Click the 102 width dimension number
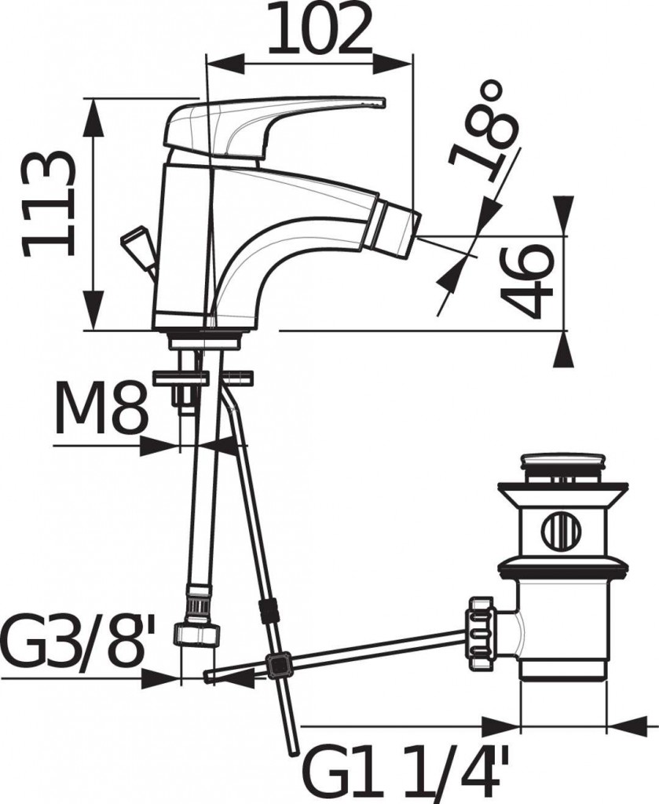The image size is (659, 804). tap(318, 29)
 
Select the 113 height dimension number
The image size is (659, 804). tap(49, 203)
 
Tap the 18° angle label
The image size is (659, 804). tap(482, 131)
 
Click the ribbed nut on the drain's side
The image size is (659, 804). tap(480, 633)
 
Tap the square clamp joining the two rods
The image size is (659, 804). tap(278, 666)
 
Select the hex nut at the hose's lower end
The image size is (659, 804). tap(197, 634)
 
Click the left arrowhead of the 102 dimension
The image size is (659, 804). tap(225, 64)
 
